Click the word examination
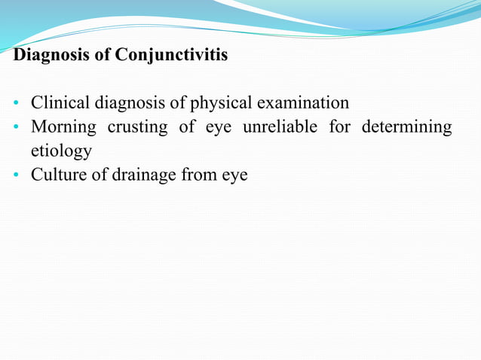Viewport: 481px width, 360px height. point(301,102)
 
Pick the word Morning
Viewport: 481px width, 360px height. point(63,127)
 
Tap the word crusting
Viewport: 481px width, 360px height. point(137,127)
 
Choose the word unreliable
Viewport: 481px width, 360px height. point(280,127)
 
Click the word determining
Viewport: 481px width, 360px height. point(406,127)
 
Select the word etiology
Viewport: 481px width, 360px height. point(61,151)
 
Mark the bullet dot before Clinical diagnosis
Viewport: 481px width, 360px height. point(16,103)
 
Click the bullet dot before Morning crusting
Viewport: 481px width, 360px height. point(16,127)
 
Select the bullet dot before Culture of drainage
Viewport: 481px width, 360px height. point(16,175)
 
